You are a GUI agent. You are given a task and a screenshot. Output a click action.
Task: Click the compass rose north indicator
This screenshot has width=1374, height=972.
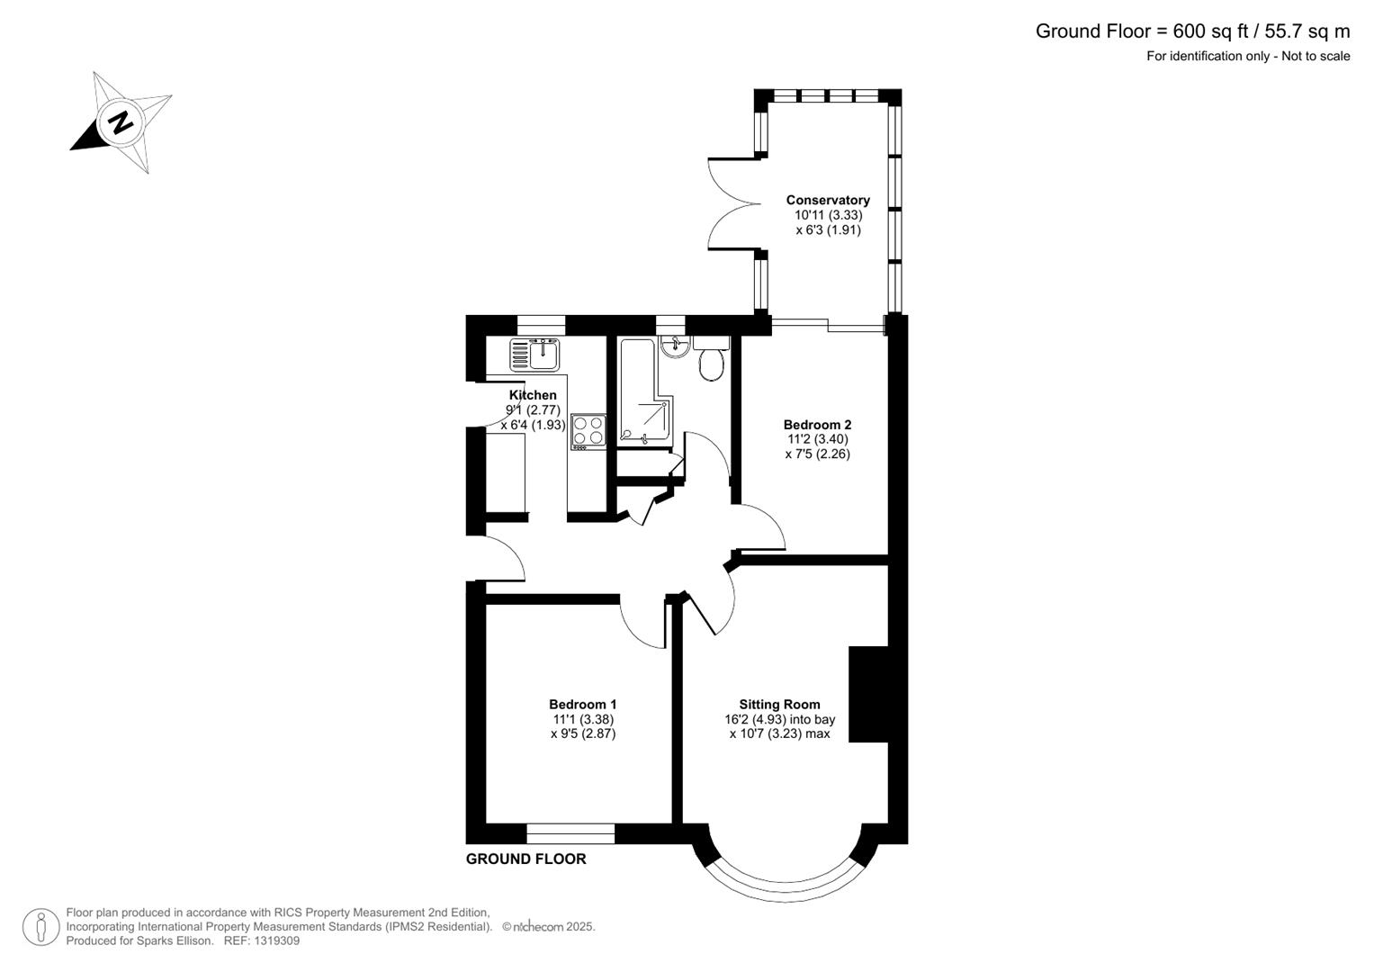pos(120,121)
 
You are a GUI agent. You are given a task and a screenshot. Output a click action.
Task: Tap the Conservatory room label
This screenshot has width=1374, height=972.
pos(828,200)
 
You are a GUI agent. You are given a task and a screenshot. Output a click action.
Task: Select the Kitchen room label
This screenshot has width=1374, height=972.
pos(533,395)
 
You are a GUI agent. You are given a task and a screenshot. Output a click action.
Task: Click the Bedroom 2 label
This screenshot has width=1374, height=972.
pos(817,425)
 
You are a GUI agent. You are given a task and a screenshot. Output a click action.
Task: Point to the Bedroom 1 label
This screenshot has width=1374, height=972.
pos(583,705)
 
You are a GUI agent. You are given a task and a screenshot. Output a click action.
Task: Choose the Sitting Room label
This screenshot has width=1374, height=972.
pos(779,705)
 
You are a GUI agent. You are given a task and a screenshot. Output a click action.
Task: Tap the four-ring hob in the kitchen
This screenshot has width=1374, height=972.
pos(588,430)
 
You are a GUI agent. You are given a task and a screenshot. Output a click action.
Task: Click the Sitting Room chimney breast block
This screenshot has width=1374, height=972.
pos(868,694)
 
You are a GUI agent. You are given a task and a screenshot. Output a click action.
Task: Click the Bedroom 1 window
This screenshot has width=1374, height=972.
pos(570,833)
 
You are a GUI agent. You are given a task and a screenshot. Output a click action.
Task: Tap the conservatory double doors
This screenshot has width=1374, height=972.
pos(733,203)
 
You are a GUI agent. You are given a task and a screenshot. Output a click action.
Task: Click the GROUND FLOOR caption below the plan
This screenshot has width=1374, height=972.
pos(525,859)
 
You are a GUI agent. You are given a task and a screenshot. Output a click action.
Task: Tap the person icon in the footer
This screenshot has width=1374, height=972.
pos(40,927)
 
